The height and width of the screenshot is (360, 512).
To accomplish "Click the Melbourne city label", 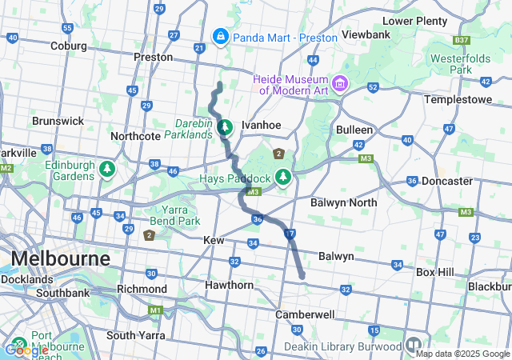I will pos(60,259).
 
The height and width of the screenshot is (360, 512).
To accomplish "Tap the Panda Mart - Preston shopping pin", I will pos(220,36).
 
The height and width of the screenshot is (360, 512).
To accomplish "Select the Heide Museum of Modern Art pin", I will pos(341,83).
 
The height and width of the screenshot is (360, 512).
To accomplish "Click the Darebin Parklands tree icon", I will pos(226,126).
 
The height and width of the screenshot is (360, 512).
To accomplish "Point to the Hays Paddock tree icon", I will pos(282,176).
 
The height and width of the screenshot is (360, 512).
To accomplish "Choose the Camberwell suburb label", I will pos(304,314).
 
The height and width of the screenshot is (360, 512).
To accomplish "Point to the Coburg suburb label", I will pos(68,46).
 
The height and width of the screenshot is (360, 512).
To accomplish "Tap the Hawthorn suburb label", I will pos(229,285).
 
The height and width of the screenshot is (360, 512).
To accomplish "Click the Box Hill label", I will pos(434,272).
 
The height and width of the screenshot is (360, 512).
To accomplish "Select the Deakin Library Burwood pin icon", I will pos(414,346).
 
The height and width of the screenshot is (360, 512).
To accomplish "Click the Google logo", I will pos(26,350).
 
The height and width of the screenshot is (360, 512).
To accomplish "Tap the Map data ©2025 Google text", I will pos(462,354).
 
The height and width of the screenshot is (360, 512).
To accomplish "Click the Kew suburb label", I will pos(214,240).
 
